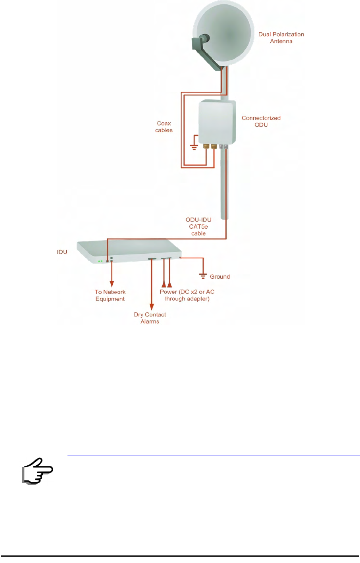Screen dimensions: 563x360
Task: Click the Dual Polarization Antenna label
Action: point(281,38)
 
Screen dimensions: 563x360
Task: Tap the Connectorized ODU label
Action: point(261,121)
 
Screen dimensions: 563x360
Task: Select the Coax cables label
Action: point(164,127)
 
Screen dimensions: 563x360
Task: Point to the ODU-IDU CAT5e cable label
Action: point(198,226)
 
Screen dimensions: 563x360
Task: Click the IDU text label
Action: point(62,252)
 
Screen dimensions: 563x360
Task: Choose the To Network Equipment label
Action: point(110,295)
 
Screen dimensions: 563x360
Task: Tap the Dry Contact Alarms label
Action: point(150,318)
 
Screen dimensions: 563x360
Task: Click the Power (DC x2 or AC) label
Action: point(187,295)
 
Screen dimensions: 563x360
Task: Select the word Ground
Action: point(220,277)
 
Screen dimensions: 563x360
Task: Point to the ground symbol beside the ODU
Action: point(194,147)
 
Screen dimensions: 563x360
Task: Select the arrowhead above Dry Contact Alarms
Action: point(152,307)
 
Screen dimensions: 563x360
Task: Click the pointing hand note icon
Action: point(37,471)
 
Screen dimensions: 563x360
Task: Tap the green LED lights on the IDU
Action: point(100,261)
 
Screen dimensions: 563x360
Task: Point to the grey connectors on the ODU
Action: point(223,147)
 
